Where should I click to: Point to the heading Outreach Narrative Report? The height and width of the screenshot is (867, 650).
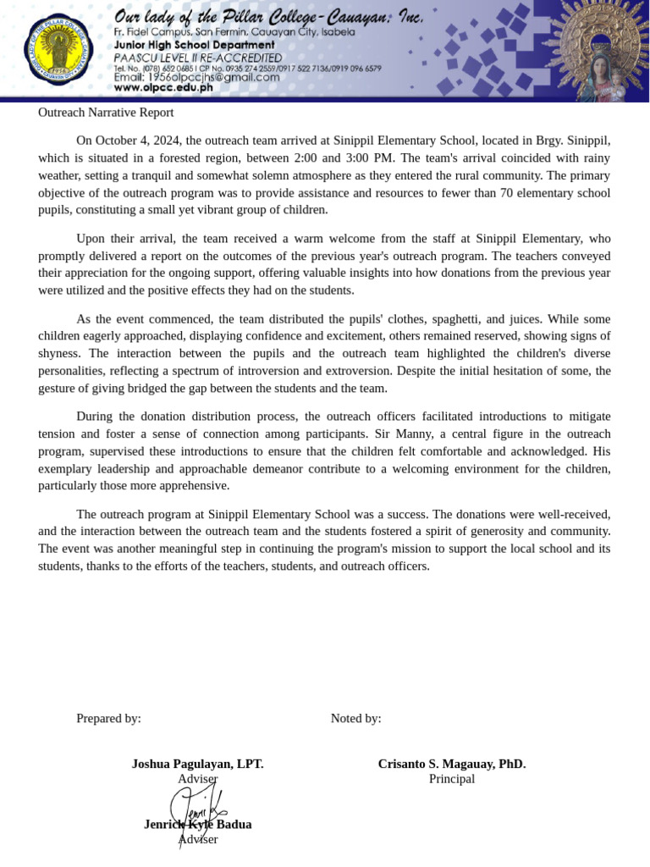[x=106, y=113]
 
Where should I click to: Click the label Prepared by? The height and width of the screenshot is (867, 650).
[x=108, y=718]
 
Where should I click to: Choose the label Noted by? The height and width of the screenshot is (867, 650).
[x=355, y=718]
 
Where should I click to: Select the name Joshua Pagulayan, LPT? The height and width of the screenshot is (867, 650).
[x=197, y=764]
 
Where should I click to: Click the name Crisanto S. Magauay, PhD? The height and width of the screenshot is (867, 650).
[x=452, y=764]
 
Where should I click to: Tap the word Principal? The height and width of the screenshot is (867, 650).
[x=452, y=779]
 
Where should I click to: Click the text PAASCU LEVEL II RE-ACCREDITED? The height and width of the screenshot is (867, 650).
[x=197, y=57]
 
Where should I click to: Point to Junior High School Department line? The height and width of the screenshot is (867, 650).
[x=194, y=45]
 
